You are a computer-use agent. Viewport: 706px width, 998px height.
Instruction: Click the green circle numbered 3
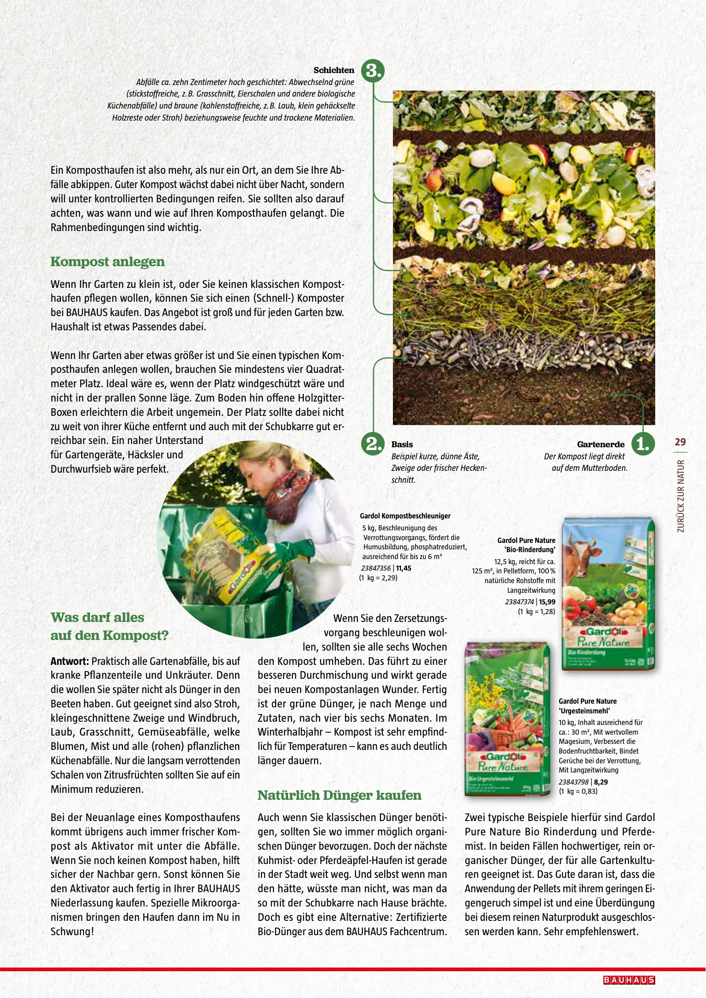373,71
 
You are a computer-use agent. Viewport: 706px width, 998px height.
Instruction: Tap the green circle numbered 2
373,444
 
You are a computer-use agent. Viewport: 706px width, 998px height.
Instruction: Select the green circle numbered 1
643,444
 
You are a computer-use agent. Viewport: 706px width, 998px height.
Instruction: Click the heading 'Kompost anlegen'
108,262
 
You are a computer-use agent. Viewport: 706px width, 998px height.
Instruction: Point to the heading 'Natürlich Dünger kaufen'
339,795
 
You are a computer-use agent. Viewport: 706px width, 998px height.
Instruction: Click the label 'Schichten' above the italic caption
334,70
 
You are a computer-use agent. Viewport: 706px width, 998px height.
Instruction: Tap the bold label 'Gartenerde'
601,444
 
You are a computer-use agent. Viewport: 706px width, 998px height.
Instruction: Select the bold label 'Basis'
402,444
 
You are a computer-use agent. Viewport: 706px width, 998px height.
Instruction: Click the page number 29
680,442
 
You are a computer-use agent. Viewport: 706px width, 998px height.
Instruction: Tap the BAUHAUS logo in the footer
629,980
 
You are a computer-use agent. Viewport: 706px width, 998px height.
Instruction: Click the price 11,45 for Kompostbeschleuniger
404,568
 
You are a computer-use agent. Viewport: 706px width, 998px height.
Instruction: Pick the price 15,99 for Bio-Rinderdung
547,602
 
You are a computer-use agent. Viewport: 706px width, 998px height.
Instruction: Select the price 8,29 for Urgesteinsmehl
601,782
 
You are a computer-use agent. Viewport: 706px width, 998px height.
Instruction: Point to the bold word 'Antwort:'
70,661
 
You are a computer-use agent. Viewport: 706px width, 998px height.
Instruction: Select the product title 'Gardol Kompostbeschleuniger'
405,516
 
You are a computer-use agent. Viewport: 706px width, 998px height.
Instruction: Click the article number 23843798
573,782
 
